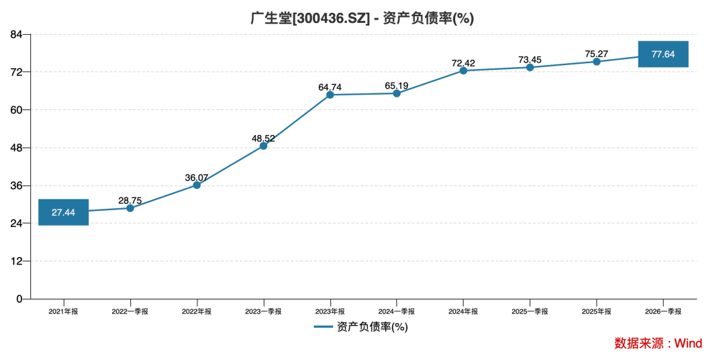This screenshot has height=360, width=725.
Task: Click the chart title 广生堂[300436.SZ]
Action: (309, 18)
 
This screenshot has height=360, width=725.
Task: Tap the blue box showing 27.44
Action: (63, 212)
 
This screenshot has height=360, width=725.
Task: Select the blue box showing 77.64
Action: (663, 54)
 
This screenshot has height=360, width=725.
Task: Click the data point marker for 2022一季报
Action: (130, 208)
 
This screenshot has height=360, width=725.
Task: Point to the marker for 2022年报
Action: (197, 185)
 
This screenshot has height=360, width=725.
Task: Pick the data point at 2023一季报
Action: (263, 146)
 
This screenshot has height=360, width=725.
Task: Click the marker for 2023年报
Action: (330, 95)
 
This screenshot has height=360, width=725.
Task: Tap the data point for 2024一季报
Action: (397, 93)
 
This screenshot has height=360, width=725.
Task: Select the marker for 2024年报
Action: (463, 71)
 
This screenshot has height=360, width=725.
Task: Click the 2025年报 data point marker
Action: (597, 62)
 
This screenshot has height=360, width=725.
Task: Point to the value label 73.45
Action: (530, 60)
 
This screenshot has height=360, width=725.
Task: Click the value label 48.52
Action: (263, 138)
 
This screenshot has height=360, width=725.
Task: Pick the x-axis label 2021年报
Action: (63, 312)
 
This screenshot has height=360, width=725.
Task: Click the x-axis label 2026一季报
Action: (663, 312)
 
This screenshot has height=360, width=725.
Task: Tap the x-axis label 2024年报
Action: (463, 312)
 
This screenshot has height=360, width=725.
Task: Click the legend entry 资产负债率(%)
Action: (360, 327)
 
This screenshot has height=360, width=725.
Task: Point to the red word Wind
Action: (689, 343)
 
